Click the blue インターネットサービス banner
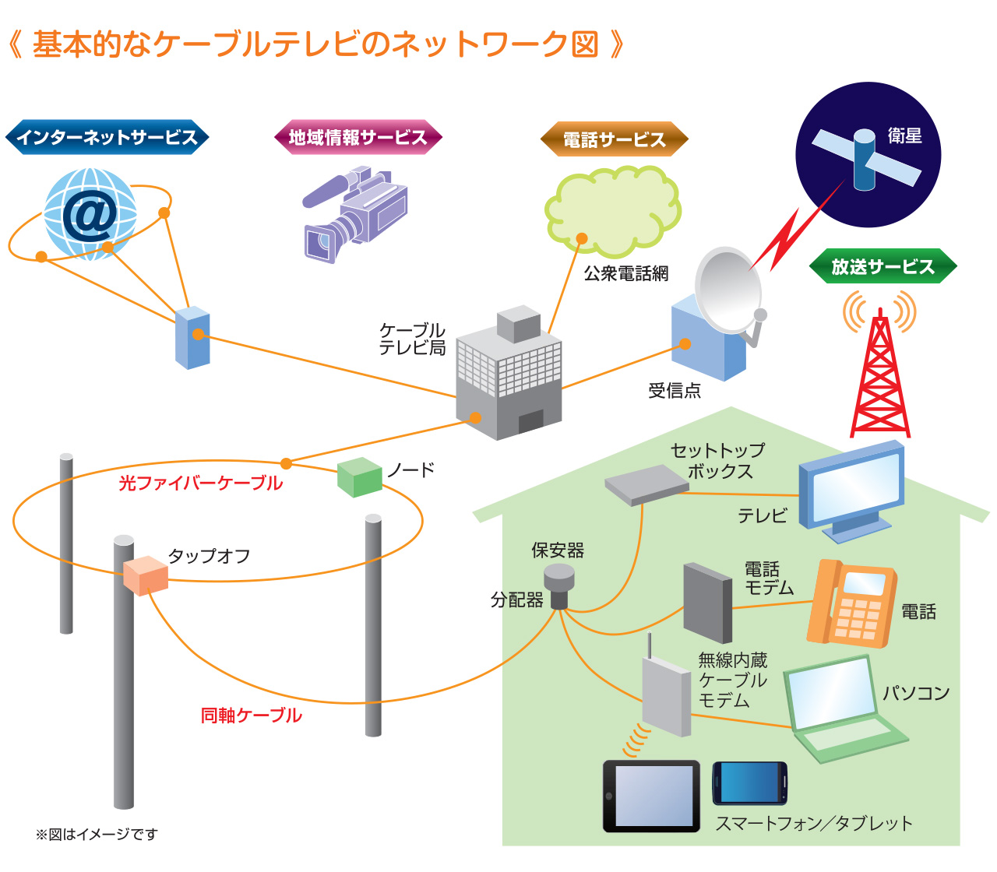tap(107, 138)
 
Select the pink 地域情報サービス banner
tap(358, 138)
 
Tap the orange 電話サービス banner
tap(614, 140)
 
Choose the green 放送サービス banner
tap(883, 266)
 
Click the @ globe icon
tap(90, 213)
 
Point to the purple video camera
tap(355, 214)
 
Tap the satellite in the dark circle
tap(866, 159)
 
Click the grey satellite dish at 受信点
tap(727, 291)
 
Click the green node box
tap(359, 476)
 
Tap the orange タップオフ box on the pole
tap(146, 575)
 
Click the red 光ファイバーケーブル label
tap(200, 483)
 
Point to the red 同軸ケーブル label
tap(251, 716)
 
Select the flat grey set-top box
tap(646, 484)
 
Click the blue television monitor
tap(852, 489)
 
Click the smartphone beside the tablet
tap(749, 783)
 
